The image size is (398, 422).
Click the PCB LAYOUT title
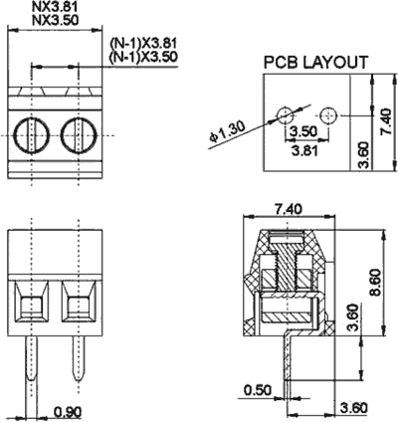tap(315, 63)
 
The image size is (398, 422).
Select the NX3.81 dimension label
tap(56, 6)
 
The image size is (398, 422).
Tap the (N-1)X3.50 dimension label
tap(143, 57)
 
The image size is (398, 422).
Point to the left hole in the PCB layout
tap(285, 115)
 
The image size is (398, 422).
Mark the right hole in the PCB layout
tap(328, 115)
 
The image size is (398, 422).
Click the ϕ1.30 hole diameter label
tap(227, 131)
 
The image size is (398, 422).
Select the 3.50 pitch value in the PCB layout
tap(303, 131)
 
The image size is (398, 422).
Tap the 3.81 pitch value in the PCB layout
tap(304, 151)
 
